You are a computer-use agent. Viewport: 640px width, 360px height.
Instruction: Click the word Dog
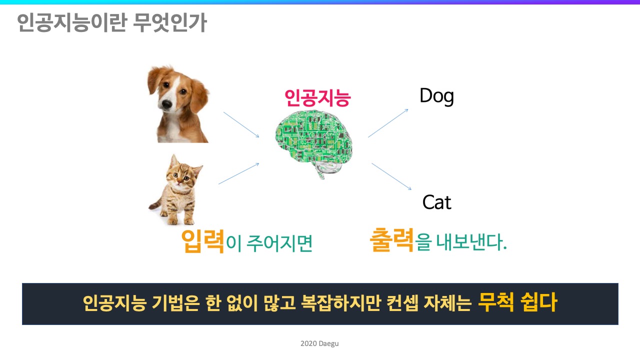(x=436, y=96)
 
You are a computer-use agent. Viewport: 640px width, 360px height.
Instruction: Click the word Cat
(x=436, y=202)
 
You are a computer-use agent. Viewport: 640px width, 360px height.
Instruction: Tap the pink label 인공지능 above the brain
(x=317, y=98)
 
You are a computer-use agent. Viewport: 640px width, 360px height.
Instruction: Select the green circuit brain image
(x=314, y=143)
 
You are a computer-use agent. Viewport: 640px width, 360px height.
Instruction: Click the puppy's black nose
(x=166, y=103)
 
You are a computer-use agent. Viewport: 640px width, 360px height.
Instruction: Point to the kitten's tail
(x=155, y=205)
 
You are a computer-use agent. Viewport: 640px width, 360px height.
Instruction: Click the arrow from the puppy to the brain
(x=241, y=124)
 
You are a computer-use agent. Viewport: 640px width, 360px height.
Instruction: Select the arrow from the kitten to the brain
(x=239, y=173)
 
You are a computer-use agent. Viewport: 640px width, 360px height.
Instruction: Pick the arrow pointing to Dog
(x=388, y=123)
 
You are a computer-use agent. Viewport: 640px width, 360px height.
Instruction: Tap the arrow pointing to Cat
(x=391, y=176)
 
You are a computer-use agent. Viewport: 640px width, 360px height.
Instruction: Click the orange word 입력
(x=202, y=241)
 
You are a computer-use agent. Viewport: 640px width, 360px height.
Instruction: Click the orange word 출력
(x=391, y=239)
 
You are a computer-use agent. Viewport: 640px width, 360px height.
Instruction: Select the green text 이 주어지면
(x=269, y=243)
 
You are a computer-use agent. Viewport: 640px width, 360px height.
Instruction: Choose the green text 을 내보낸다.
(x=460, y=242)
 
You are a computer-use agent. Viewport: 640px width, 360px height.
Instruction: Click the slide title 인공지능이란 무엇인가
(x=111, y=22)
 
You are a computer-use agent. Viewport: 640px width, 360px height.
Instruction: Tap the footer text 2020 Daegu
(x=319, y=343)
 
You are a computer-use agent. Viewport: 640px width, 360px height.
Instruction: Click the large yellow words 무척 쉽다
(x=517, y=302)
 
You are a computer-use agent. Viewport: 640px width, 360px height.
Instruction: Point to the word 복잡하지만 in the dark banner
(x=341, y=303)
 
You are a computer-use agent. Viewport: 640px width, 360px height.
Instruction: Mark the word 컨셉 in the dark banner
(x=402, y=303)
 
